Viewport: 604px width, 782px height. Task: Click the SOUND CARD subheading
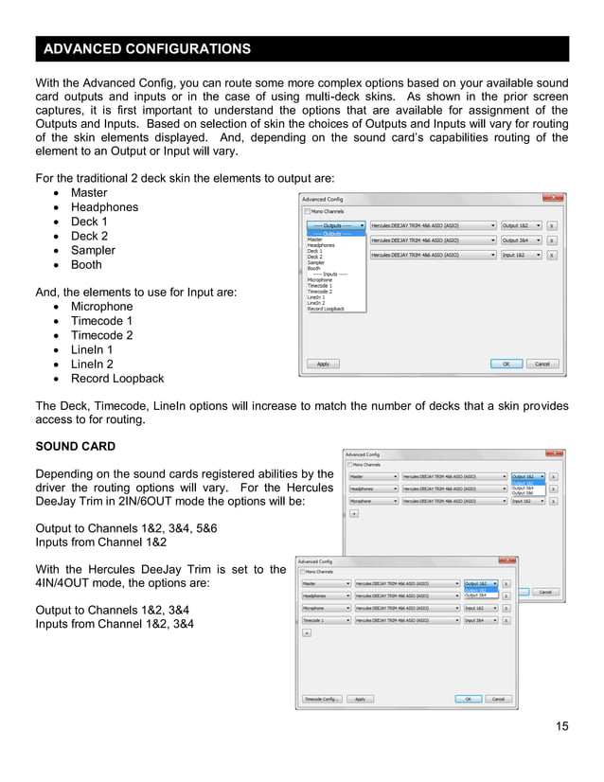(x=75, y=446)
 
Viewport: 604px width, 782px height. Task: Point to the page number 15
(x=562, y=726)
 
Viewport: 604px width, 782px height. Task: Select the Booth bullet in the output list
(x=86, y=265)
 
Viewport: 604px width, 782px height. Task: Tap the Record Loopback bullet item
(x=116, y=379)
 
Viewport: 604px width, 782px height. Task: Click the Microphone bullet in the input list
(x=101, y=307)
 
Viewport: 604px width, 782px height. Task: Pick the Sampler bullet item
(x=93, y=251)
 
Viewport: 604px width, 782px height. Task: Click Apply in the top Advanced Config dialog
(x=323, y=364)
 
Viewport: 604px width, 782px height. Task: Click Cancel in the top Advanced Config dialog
(x=542, y=364)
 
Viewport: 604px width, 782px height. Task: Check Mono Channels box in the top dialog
(x=307, y=212)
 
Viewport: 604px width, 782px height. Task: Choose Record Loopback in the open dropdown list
(x=325, y=309)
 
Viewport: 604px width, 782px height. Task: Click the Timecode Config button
(x=321, y=699)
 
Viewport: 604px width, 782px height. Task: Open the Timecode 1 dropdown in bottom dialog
(x=326, y=620)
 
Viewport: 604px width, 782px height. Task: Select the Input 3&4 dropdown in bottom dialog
(x=480, y=620)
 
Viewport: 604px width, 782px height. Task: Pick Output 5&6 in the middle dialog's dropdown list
(x=523, y=493)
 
